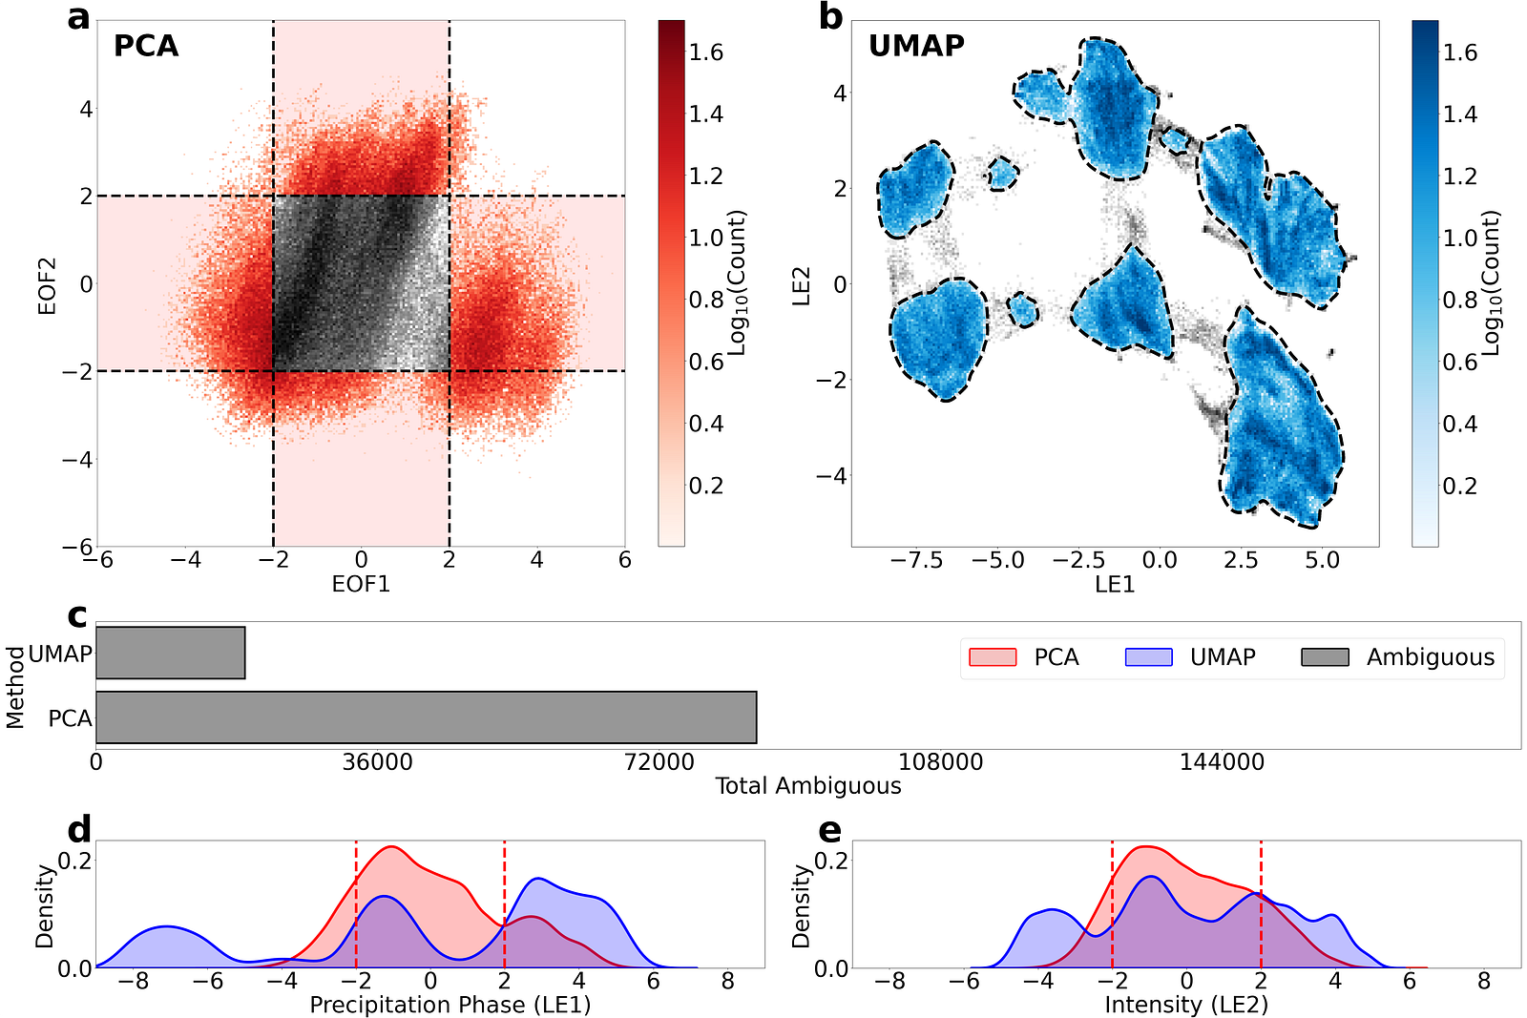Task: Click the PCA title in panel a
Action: click(x=146, y=46)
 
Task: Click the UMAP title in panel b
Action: click(x=916, y=46)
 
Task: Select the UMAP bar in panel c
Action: click(x=171, y=653)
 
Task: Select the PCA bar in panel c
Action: click(x=426, y=717)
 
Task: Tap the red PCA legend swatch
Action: click(x=993, y=657)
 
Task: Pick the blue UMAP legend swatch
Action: click(x=1149, y=657)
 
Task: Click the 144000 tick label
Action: click(x=1222, y=762)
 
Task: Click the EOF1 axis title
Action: click(x=361, y=584)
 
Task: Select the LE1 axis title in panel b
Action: click(x=1115, y=584)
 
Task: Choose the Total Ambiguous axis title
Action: click(x=808, y=786)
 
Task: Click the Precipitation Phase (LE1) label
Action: click(x=450, y=1005)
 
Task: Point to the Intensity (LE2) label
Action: click(x=1186, y=1005)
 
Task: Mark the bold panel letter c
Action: click(x=77, y=615)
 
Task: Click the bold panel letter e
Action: click(x=830, y=830)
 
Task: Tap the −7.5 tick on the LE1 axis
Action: click(x=917, y=560)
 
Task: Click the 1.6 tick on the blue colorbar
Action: click(x=1460, y=52)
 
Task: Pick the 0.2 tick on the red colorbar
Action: click(x=706, y=486)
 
